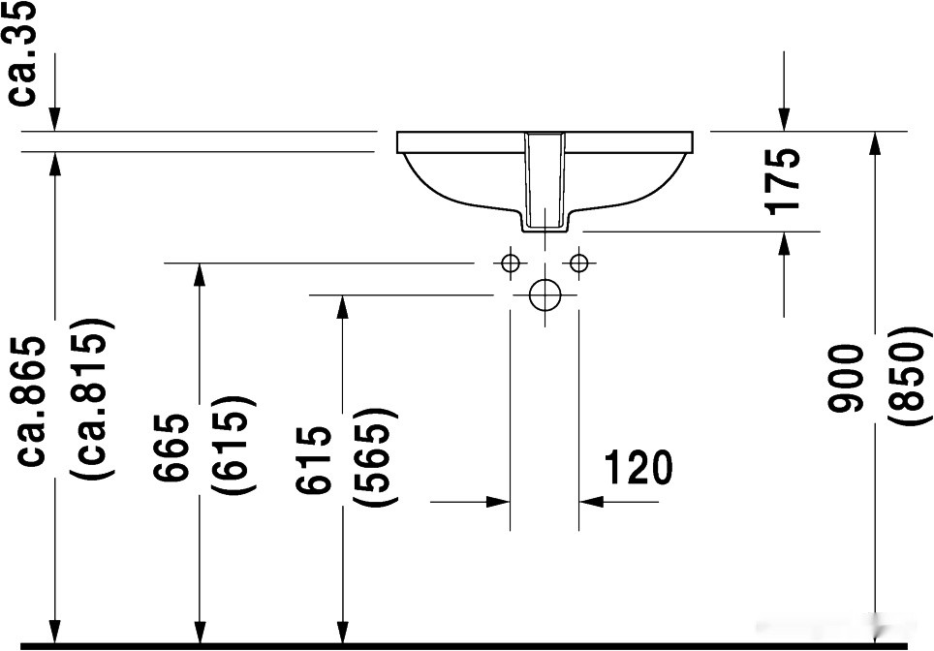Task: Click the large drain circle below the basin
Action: click(545, 294)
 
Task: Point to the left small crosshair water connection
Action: click(510, 263)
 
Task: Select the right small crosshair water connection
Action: click(579, 263)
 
